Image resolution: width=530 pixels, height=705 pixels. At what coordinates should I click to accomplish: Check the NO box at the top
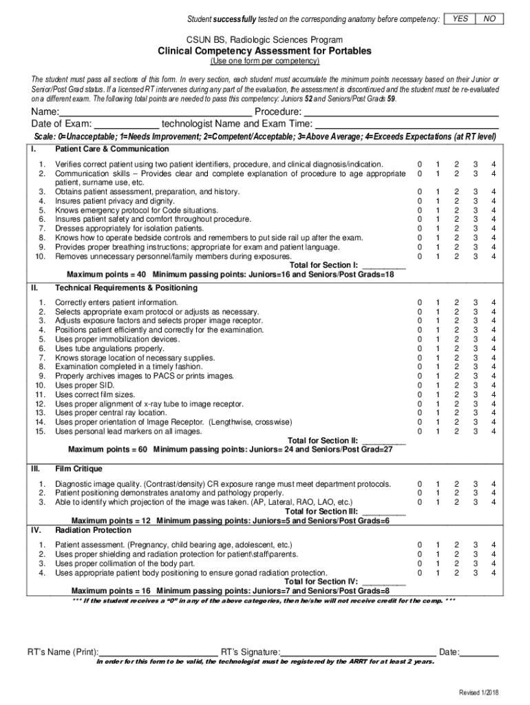point(489,19)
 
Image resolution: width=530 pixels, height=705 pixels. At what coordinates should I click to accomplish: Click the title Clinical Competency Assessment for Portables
point(264,51)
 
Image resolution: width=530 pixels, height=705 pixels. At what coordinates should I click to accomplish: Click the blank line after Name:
point(155,112)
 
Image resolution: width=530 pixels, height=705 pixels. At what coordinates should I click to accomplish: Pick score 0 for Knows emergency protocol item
point(419,210)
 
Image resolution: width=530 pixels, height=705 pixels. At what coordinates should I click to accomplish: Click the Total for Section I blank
point(383,265)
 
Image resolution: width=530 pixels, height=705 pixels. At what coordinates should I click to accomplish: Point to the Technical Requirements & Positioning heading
point(122,287)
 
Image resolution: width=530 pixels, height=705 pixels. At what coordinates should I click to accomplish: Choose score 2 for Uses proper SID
point(456,386)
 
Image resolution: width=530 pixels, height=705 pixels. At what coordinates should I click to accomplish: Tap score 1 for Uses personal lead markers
point(437,432)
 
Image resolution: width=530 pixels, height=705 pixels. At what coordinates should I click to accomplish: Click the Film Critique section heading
point(80,468)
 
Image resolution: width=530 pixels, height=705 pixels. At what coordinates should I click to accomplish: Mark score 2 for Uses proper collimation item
point(456,563)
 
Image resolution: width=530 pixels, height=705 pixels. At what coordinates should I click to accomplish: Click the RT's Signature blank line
point(358,652)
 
